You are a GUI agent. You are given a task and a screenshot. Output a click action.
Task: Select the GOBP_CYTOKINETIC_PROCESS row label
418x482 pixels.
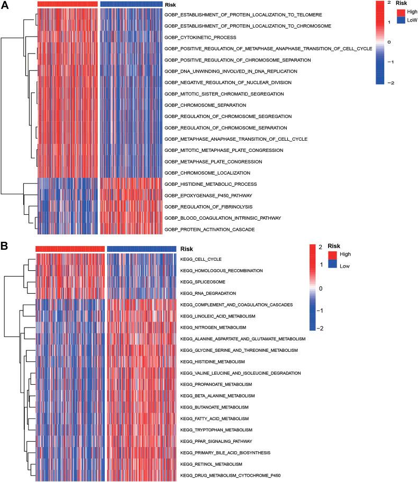click(x=193, y=38)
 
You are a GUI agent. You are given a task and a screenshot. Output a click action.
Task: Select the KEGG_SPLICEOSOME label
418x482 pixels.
click(x=201, y=282)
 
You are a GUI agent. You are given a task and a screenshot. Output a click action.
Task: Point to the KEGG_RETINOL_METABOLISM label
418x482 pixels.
click(x=211, y=464)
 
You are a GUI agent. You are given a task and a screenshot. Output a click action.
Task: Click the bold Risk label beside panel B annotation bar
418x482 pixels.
click(x=187, y=249)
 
